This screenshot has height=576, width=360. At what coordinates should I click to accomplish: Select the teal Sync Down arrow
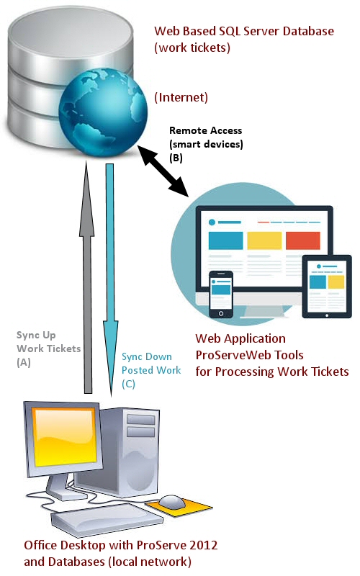point(110,280)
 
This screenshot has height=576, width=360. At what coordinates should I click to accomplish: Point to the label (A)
point(24,363)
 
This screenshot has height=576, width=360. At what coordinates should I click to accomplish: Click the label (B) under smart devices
point(176,158)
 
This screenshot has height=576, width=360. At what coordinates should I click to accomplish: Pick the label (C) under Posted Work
point(129,384)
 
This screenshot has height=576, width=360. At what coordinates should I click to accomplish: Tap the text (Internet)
point(181,97)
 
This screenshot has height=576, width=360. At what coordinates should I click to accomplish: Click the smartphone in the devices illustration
point(221,294)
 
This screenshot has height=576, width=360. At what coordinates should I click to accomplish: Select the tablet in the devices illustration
point(327,287)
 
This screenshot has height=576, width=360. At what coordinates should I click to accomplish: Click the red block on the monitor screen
point(303,240)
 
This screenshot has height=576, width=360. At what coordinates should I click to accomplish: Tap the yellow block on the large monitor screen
point(264,240)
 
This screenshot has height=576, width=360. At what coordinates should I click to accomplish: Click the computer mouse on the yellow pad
point(172,501)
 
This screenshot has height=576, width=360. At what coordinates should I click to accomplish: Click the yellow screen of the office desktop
point(64,438)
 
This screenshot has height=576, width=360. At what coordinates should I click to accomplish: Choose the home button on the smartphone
point(221,313)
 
